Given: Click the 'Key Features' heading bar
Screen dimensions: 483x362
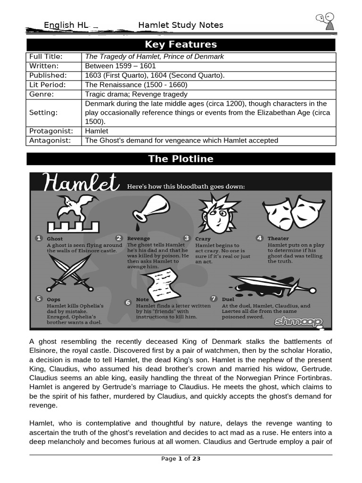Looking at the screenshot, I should (x=181, y=45).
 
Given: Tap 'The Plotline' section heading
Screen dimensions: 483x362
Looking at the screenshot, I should (x=181, y=159).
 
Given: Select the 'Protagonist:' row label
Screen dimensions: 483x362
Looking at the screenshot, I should (x=51, y=131).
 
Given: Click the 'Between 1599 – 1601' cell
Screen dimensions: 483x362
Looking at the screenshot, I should (x=120, y=66).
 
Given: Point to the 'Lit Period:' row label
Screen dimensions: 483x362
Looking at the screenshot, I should (x=48, y=85).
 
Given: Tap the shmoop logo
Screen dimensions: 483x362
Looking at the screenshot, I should (x=299, y=322).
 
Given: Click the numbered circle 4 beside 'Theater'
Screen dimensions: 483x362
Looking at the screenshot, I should (x=259, y=238).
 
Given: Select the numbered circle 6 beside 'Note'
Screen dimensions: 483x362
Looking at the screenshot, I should (x=128, y=302).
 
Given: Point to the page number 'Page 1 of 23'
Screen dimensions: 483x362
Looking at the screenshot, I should (x=181, y=458).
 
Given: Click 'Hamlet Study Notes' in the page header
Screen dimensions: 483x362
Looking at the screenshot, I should (x=181, y=25).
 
